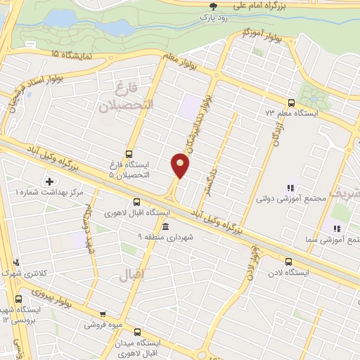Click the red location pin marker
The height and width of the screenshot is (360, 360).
(181, 165)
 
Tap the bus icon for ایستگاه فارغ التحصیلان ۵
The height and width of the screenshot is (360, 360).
(129, 153)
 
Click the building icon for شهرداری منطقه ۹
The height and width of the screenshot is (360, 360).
(165, 226)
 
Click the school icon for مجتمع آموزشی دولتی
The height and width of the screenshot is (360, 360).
(289, 188)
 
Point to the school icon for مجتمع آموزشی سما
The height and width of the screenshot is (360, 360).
(337, 228)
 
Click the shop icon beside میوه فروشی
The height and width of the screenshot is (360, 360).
(103, 314)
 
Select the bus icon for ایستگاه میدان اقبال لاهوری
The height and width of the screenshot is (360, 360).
(136, 332)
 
